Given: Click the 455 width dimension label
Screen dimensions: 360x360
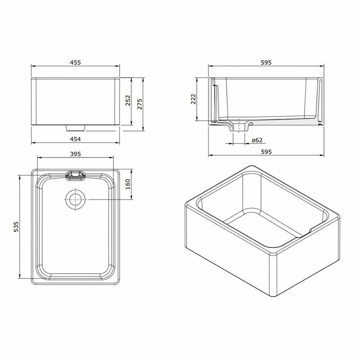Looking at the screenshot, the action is (75, 63).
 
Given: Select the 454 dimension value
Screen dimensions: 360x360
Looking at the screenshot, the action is (75, 139).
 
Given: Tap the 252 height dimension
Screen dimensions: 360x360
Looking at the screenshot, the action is (128, 100).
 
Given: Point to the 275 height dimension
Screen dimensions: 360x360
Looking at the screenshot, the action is (139, 104).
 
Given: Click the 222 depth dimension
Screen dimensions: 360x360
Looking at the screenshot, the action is (193, 99).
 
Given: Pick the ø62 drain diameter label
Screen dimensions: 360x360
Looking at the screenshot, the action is (257, 140).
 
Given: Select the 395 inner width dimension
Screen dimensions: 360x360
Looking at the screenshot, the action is (75, 154).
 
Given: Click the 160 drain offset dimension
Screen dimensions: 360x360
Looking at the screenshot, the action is (128, 184).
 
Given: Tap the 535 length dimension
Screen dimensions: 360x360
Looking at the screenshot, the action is (16, 227).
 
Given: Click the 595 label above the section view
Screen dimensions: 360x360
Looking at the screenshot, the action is (266, 63).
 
